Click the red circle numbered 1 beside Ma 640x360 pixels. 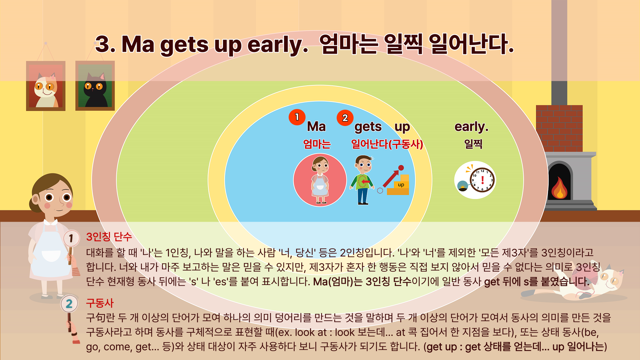tap(297, 117)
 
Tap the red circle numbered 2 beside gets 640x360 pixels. tap(345, 118)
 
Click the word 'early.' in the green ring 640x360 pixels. tap(471, 127)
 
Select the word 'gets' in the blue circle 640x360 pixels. tap(368, 127)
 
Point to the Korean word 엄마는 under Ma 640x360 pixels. tap(317, 144)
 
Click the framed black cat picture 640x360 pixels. tap(95, 86)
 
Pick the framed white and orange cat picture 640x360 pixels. tap(46, 86)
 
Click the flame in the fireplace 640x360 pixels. tap(559, 188)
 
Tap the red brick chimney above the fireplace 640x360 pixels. tap(559, 128)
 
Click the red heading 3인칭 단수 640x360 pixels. tap(109, 237)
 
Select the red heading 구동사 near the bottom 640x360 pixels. tap(100, 303)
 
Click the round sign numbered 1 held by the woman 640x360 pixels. tap(71, 238)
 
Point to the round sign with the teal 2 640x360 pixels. tap(69, 304)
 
